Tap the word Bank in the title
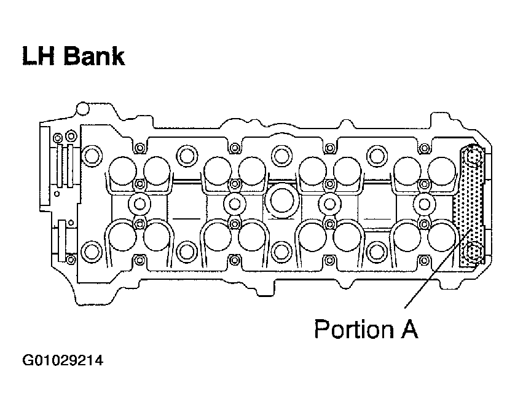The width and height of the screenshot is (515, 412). click(94, 56)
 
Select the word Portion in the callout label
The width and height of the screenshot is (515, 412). click(354, 328)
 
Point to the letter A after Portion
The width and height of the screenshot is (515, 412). click(409, 328)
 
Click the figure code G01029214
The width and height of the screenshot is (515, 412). click(63, 360)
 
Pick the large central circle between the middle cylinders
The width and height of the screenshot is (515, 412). click(281, 201)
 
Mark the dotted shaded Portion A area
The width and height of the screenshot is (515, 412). click(469, 207)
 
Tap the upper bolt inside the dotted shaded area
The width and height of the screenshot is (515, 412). click(473, 157)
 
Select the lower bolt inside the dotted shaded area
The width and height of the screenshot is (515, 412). click(473, 252)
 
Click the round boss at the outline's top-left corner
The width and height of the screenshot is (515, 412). click(82, 108)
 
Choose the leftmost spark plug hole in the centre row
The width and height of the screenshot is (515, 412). click(140, 204)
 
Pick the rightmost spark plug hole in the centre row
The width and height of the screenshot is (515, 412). click(424, 204)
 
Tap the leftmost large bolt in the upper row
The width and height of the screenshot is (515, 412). click(91, 156)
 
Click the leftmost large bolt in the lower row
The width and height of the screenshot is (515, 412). click(91, 252)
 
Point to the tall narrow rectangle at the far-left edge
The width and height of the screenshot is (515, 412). click(45, 166)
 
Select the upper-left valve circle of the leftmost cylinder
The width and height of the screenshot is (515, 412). click(122, 171)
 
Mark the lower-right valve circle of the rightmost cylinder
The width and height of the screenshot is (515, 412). click(442, 237)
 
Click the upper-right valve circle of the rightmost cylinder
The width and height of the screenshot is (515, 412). click(442, 171)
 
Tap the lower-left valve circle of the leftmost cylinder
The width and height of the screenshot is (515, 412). click(122, 237)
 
